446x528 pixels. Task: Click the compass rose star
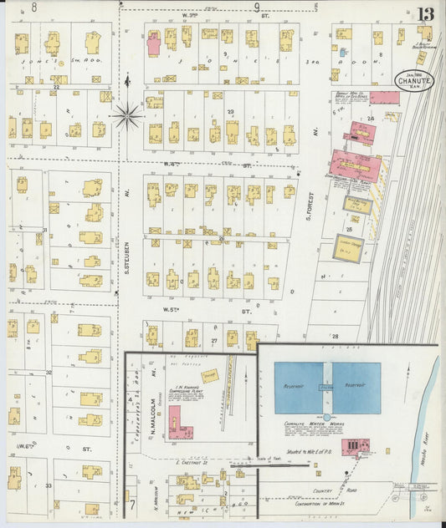pos(127,115)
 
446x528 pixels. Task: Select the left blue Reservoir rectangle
pos(299,388)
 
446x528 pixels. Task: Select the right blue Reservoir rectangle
pos(357,388)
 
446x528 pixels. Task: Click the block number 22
pos(56,86)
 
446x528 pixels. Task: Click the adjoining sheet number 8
pos(33,7)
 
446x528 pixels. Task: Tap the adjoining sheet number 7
pos(131,505)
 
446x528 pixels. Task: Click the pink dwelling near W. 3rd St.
pos(154,43)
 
